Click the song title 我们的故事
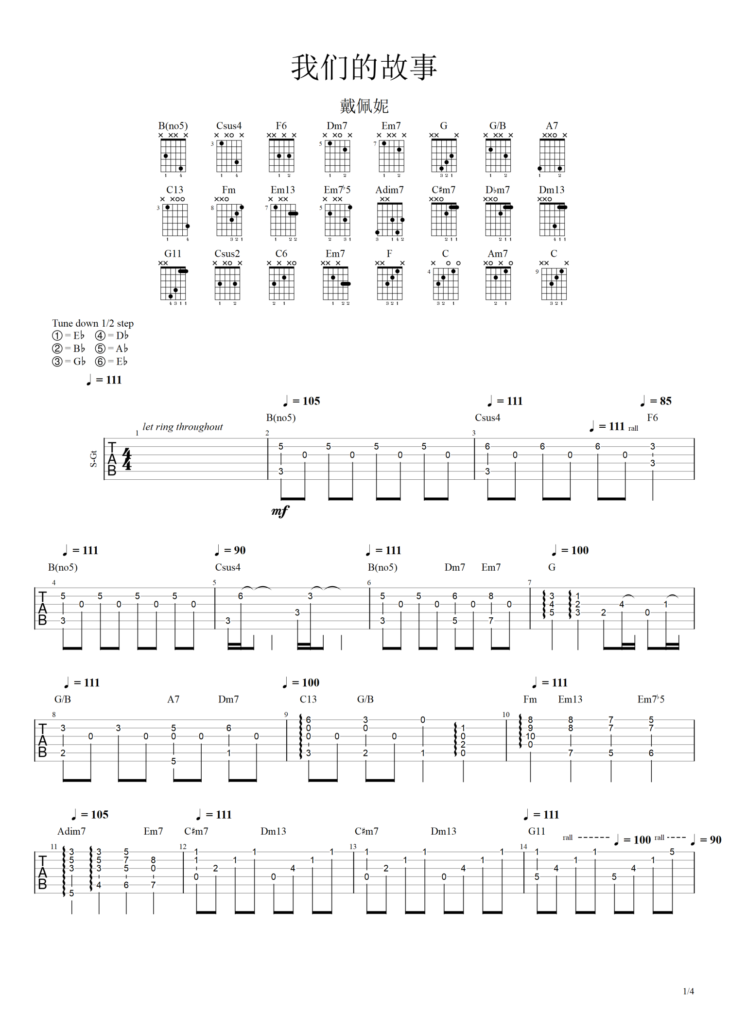click(364, 67)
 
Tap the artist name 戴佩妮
click(364, 105)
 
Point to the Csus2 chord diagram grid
click(227, 283)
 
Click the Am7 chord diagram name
click(498, 254)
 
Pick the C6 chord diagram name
click(281, 254)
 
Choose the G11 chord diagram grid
click(174, 283)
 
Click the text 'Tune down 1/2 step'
click(93, 323)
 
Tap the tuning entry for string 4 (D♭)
click(112, 335)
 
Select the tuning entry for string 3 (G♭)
click(69, 361)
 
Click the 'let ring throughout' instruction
click(182, 427)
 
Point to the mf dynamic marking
click(280, 510)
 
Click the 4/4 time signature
click(127, 459)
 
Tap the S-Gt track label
click(93, 459)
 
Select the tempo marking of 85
click(656, 401)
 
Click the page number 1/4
click(688, 991)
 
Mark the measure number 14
click(523, 847)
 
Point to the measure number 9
click(286, 715)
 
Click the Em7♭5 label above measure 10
click(651, 699)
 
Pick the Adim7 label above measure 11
click(71, 831)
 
